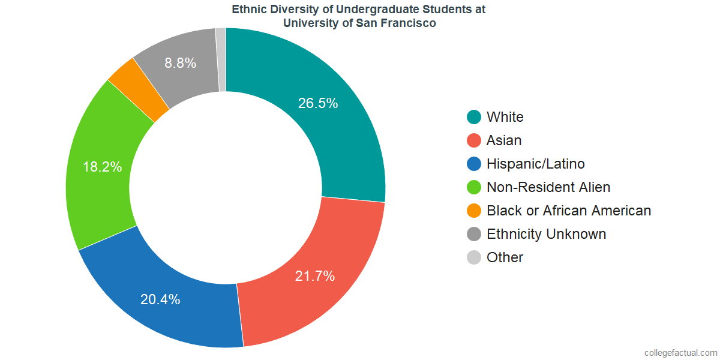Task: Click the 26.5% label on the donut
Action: [318, 103]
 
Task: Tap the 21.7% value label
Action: [315, 276]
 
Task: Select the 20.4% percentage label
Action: [160, 299]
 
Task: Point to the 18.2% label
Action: [102, 167]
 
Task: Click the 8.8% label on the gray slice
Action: [181, 62]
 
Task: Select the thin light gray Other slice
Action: [221, 59]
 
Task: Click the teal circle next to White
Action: [474, 117]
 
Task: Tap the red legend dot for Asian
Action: [474, 140]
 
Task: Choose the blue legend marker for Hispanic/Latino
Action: [474, 164]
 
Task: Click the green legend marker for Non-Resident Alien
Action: [474, 187]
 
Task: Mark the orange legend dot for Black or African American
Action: [474, 211]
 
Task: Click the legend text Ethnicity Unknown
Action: [546, 234]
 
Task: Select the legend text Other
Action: [505, 257]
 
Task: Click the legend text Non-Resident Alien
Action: [548, 187]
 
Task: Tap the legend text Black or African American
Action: [569, 211]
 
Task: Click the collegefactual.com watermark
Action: [680, 352]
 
